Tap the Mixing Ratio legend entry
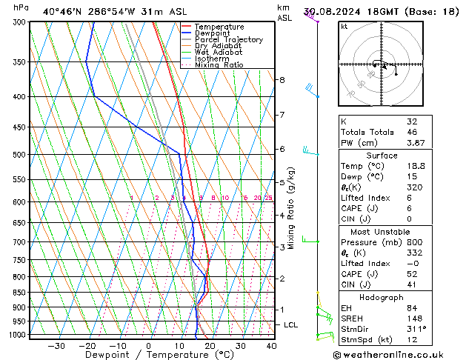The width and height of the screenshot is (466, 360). [219, 65]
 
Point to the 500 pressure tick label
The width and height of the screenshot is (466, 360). [18, 155]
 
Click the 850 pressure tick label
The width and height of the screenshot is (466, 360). [18, 293]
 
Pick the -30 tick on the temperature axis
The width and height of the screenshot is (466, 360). [56, 346]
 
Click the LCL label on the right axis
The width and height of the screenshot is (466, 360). [291, 325]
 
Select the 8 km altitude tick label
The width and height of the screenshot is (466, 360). [282, 80]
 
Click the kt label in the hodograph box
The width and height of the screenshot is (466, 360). [344, 26]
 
